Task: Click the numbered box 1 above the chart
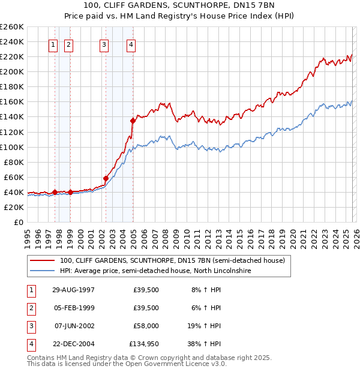53,44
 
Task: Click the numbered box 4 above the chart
131,44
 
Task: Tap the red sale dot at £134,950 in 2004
133,121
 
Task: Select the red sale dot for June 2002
106,178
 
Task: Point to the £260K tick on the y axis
12,27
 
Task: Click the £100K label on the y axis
12,147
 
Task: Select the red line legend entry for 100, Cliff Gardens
174,260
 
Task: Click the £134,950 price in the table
144,344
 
